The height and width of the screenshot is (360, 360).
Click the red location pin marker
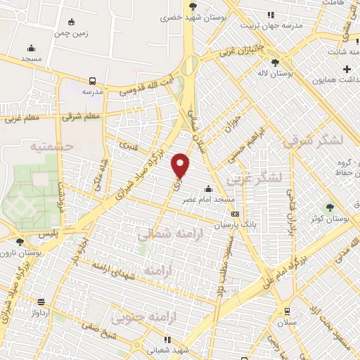point(181,165)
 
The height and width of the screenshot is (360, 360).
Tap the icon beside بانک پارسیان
point(235,214)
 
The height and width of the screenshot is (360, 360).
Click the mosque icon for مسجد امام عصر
point(208,188)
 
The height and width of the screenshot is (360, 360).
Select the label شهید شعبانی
point(169,350)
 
